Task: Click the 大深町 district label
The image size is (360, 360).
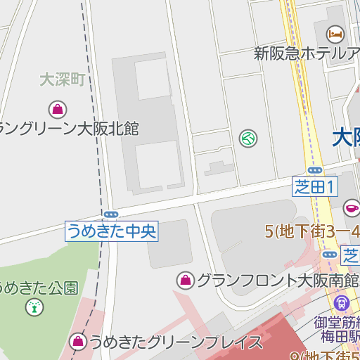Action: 62,79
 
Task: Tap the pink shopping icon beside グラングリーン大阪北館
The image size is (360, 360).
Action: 57,109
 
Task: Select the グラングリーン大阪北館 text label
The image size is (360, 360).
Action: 69,129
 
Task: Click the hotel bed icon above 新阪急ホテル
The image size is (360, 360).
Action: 335,32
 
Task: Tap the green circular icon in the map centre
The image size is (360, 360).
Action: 247,138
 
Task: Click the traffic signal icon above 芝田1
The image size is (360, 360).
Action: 315,169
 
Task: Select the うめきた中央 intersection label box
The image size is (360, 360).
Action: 112,231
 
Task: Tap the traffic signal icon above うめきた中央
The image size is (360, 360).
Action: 110,214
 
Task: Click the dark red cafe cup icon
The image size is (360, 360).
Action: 351,207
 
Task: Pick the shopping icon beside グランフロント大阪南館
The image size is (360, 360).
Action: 186,281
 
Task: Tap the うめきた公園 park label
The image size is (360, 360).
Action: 39,288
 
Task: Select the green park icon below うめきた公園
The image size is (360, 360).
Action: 32,307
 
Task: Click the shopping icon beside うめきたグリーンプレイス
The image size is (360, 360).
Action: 77,342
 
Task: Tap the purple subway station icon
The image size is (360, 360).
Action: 342,303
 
